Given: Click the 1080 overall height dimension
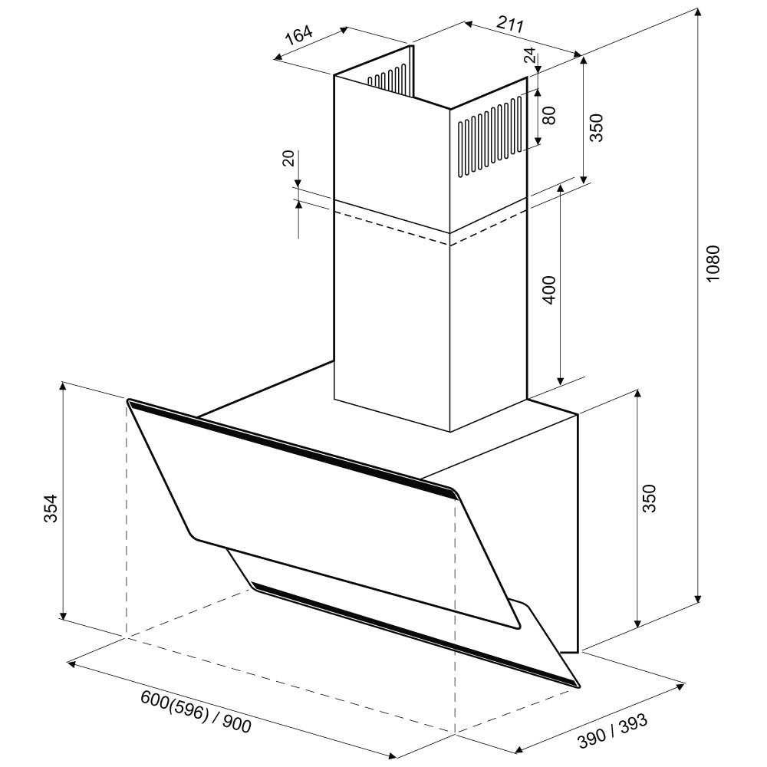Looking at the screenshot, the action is [713, 262].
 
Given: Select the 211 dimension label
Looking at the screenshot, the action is [510, 24].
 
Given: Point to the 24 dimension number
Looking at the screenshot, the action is [530, 55].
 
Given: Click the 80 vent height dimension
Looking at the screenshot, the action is [549, 116].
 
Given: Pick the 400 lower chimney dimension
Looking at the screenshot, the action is [550, 290].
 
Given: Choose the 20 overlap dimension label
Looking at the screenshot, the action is [289, 159].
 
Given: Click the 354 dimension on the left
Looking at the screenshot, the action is [51, 509].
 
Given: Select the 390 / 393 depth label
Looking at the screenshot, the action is [612, 731].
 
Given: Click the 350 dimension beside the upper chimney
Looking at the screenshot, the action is [597, 127].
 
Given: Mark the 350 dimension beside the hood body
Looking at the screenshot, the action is [648, 498].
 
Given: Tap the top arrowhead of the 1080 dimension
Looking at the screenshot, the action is [699, 13].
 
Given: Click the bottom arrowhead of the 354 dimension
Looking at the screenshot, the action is [62, 614].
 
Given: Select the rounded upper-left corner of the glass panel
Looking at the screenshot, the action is [130, 401].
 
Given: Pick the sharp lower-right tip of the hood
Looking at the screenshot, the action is [578, 686].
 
